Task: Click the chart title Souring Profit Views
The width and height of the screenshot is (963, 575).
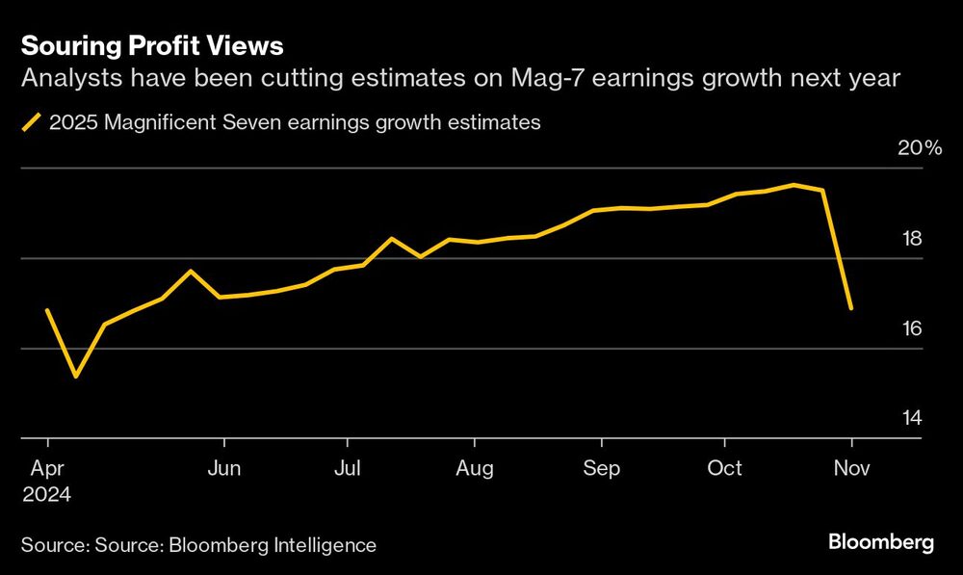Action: [152, 45]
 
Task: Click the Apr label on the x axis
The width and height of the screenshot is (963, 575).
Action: [48, 469]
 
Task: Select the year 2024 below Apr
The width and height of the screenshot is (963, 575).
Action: [48, 494]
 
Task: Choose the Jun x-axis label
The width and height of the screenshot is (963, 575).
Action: [224, 469]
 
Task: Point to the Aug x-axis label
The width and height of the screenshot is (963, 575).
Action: [474, 469]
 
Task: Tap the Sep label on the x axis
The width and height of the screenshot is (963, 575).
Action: [601, 469]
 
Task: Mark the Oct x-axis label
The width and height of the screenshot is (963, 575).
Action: [724, 469]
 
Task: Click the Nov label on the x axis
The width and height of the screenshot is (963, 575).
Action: [851, 469]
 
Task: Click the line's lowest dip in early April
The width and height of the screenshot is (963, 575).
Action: [76, 376]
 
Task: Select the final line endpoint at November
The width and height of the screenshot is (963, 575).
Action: [851, 308]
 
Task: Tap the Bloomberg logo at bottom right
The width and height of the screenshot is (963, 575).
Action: [881, 543]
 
